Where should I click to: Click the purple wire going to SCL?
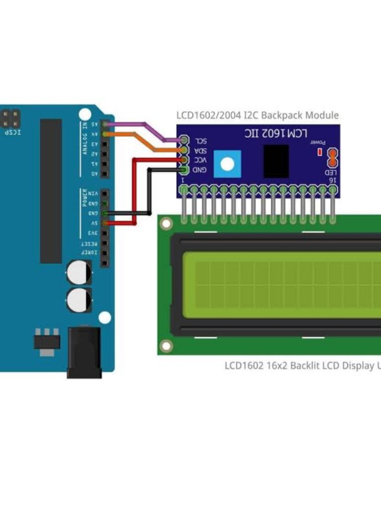point(149,130)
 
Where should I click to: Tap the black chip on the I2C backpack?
point(276,161)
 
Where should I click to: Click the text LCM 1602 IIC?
point(276,133)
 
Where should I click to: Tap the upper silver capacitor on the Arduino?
point(79,273)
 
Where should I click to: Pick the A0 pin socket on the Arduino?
point(105,174)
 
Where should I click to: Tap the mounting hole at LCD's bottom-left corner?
point(166,345)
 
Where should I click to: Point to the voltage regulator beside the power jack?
point(47,342)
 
